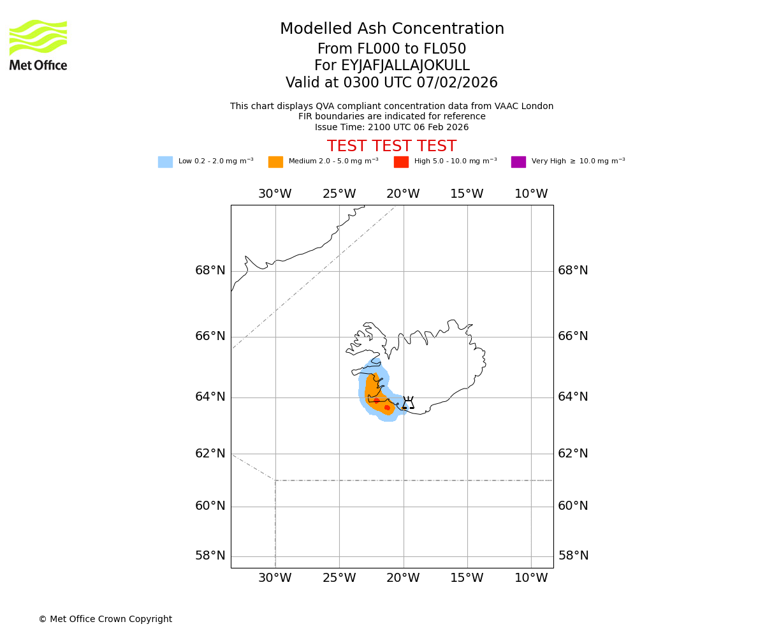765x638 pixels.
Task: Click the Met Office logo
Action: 38,45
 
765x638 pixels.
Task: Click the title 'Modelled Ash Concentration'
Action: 391,29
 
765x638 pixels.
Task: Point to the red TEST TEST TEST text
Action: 391,146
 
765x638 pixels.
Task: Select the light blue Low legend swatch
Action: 165,162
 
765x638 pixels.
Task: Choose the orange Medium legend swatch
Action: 275,162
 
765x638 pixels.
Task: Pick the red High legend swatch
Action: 401,162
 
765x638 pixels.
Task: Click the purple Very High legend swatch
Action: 518,162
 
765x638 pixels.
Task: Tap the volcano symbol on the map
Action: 408,403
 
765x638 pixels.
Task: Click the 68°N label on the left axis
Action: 210,271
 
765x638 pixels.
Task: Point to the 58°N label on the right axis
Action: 573,556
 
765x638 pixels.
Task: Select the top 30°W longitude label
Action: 275,194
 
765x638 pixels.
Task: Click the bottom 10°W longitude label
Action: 531,578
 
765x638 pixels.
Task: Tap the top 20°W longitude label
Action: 403,194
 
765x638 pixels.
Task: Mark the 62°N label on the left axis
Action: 210,454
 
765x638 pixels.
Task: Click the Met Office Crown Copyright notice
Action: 105,619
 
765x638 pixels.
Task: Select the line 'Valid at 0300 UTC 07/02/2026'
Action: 391,83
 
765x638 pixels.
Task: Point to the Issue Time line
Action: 391,128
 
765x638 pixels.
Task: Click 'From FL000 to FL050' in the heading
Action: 391,49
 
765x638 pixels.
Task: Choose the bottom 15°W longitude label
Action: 467,578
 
